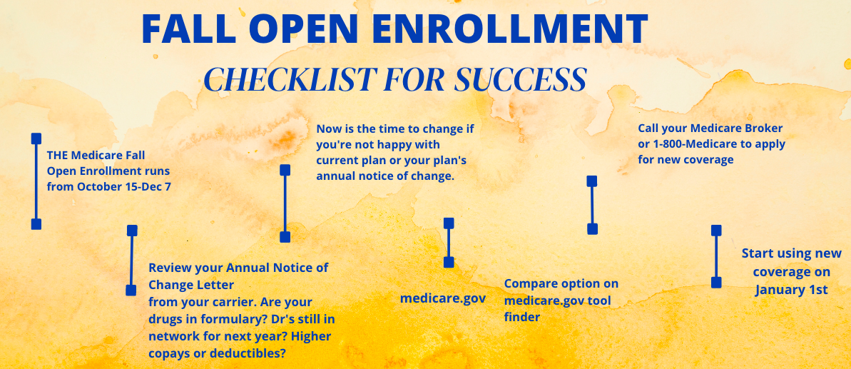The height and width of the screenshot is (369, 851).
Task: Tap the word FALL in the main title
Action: (188, 29)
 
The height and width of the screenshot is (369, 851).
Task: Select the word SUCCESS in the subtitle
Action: (520, 79)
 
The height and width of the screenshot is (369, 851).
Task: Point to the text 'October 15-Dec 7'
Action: (123, 187)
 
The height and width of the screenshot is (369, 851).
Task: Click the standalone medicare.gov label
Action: (443, 298)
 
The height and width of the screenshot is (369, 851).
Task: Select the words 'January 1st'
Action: (791, 290)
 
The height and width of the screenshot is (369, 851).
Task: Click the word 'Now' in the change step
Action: (328, 129)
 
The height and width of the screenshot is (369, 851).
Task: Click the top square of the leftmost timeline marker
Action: (36, 138)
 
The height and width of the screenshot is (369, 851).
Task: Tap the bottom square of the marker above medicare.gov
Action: (449, 262)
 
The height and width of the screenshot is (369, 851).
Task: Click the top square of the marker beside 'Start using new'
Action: (716, 231)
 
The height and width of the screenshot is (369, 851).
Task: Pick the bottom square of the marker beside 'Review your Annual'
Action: (131, 290)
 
